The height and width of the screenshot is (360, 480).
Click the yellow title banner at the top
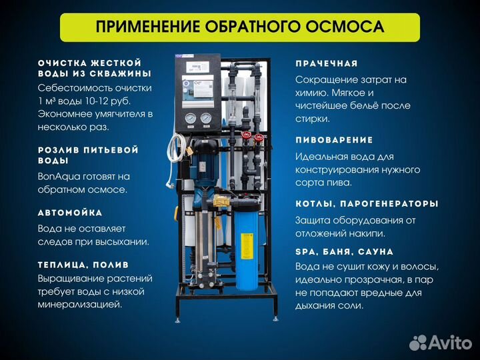(240, 27)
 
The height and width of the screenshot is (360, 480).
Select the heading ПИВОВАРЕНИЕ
(334, 140)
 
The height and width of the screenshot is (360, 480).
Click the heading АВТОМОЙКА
(71, 213)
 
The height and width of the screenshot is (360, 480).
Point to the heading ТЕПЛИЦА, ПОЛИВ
(83, 265)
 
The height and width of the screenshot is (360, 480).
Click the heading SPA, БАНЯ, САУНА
(344, 252)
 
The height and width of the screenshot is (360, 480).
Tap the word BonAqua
(60, 177)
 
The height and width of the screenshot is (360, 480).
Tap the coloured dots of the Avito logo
(417, 343)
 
